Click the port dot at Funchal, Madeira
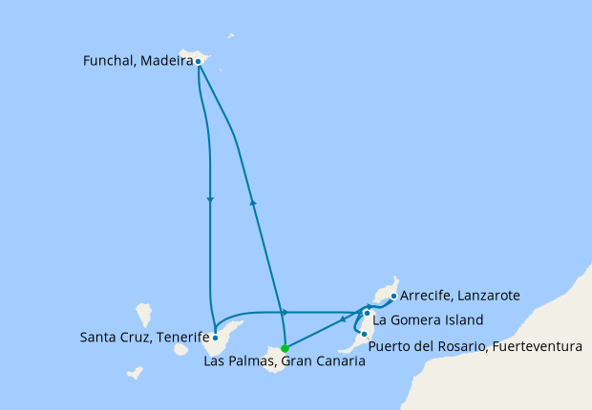click(x=198, y=62)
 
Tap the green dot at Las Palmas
click(x=285, y=348)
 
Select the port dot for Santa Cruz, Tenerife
click(x=216, y=337)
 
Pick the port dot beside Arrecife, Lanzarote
click(x=393, y=296)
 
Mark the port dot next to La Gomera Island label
click(x=367, y=313)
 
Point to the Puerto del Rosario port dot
click(x=363, y=333)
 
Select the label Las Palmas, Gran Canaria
click(x=285, y=361)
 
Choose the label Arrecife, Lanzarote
click(x=460, y=296)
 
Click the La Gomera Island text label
click(x=428, y=319)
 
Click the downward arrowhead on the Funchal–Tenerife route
click(x=209, y=199)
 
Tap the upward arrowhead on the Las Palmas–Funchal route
click(x=253, y=201)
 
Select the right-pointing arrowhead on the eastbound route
click(x=285, y=312)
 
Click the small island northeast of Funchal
click(x=231, y=37)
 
